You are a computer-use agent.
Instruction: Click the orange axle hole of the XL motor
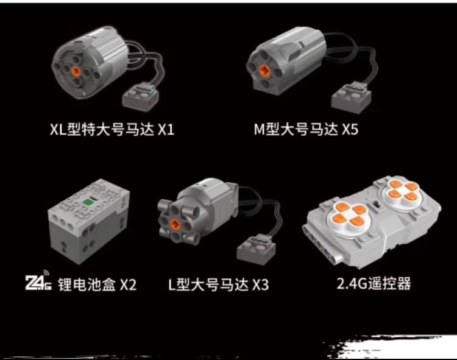76,71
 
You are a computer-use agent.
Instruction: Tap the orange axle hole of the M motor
264,70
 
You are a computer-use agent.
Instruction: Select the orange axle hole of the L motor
175,224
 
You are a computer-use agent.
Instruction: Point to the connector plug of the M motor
351,97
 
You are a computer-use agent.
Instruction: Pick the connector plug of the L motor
256,249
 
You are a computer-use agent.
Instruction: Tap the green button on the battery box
87,201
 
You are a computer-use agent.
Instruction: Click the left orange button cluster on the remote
349,213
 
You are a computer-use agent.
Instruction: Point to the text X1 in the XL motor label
166,129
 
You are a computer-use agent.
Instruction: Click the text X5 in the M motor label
350,129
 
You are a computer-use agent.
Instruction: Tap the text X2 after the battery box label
128,284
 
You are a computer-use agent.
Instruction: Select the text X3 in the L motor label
260,284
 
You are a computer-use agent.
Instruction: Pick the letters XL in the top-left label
58,129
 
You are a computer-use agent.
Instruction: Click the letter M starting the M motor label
259,129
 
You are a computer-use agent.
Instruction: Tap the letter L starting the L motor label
172,284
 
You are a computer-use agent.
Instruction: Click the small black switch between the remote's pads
377,205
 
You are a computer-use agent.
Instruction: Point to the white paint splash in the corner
391,347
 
